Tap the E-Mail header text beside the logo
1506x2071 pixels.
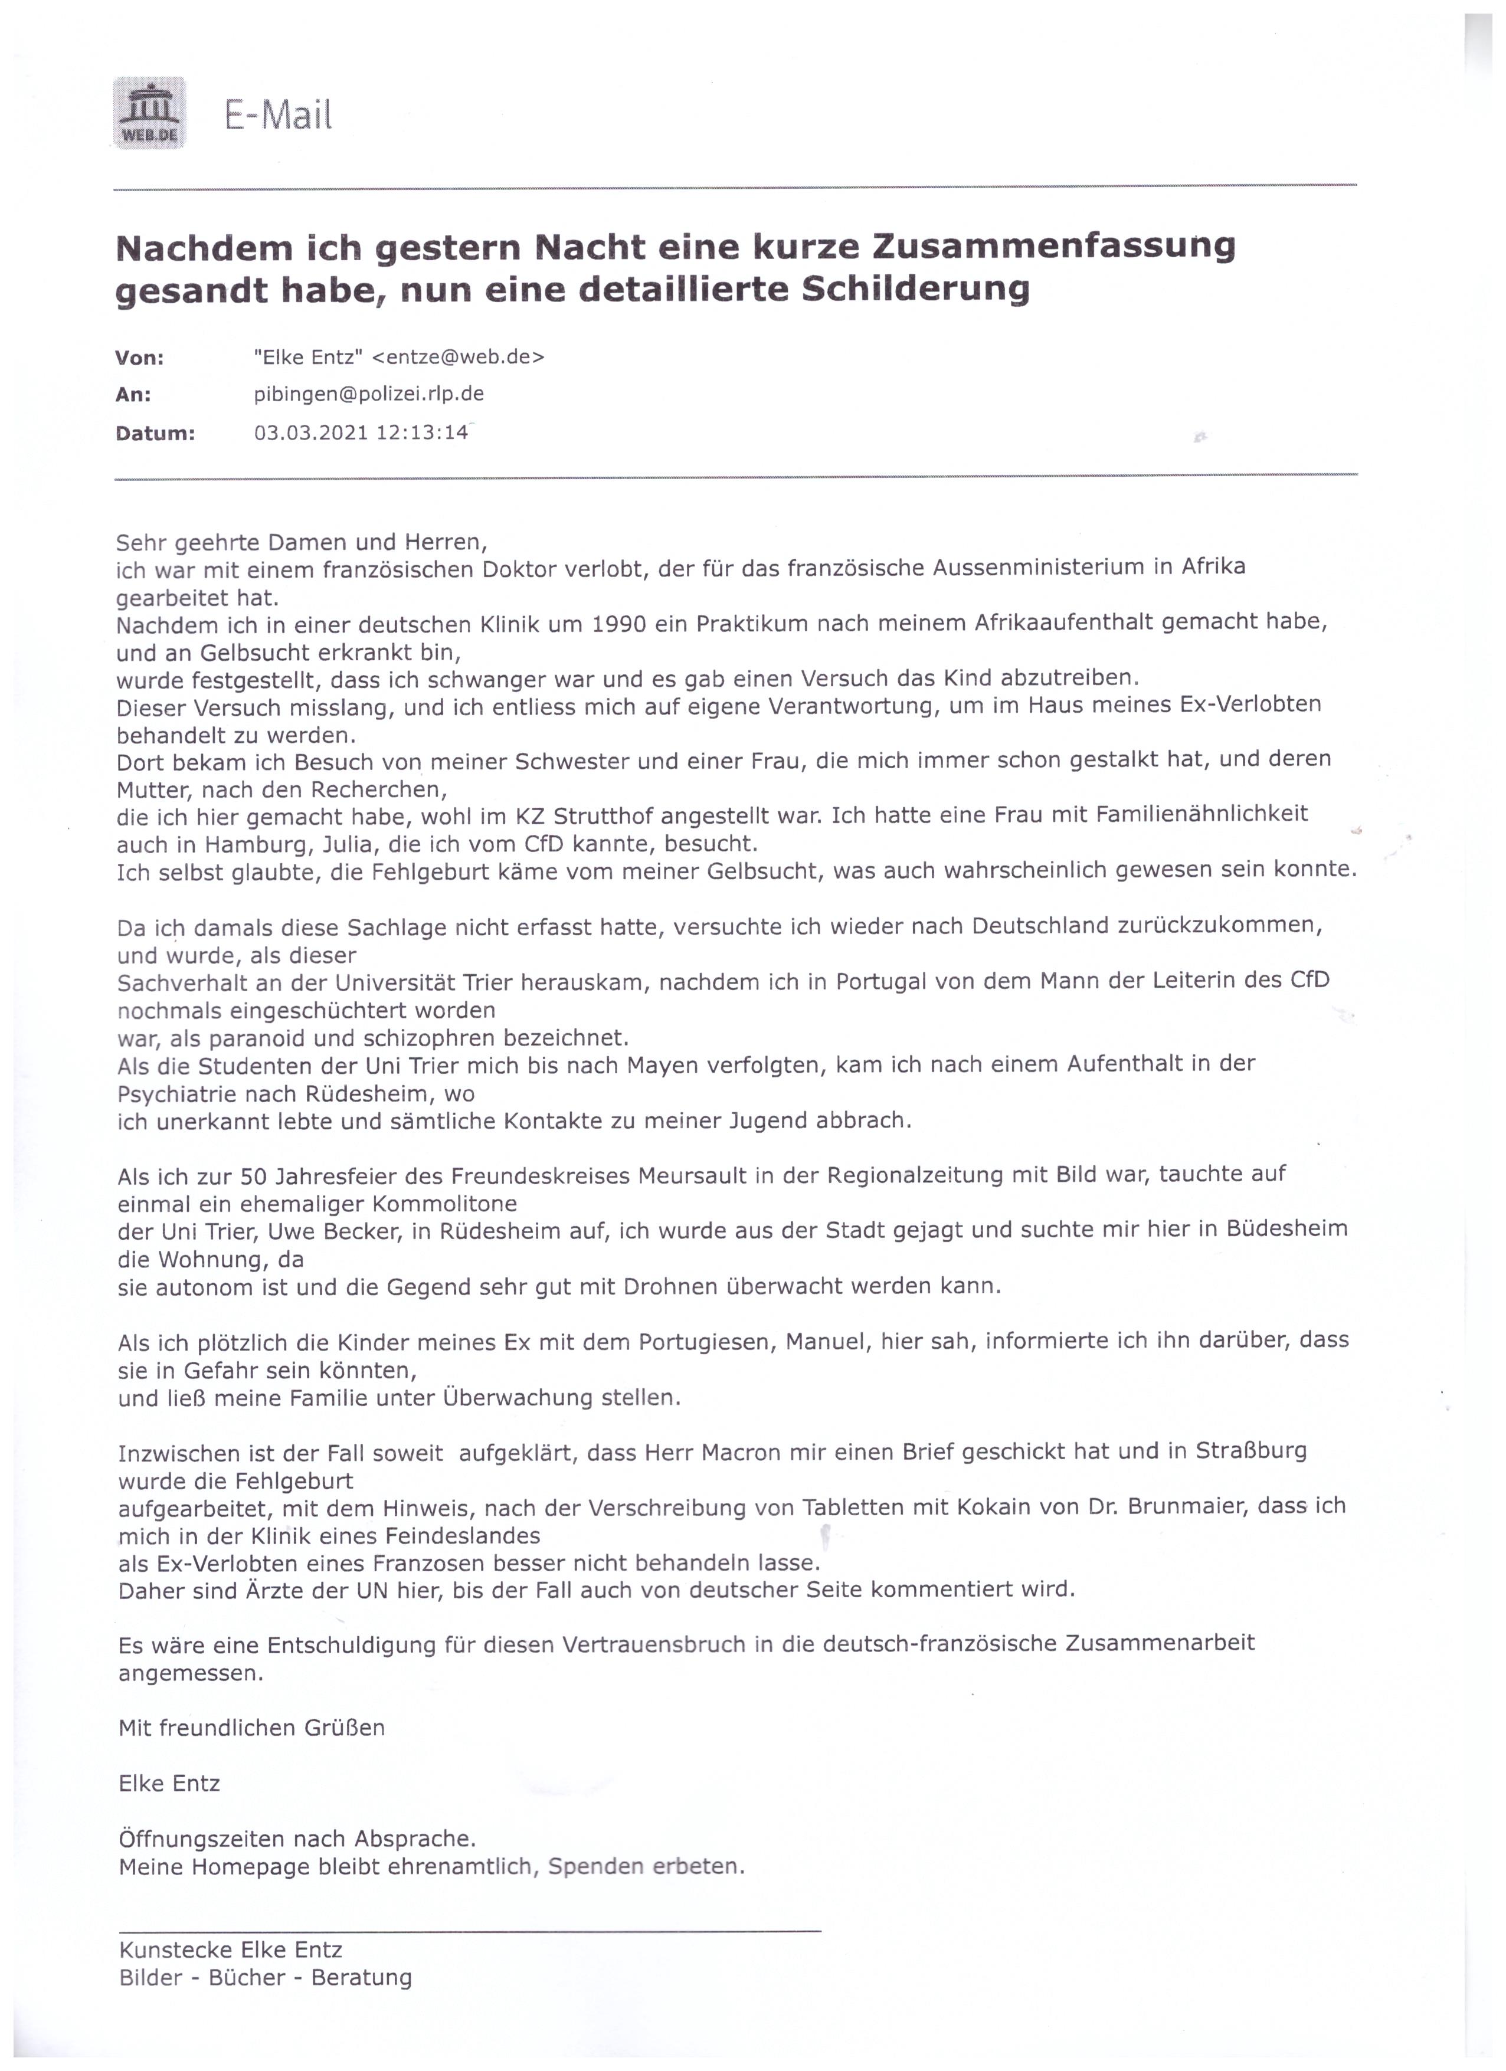tap(277, 115)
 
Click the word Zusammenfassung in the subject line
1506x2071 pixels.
tap(1054, 247)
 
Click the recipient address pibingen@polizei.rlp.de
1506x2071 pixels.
tap(369, 395)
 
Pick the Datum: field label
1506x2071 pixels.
tap(155, 433)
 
